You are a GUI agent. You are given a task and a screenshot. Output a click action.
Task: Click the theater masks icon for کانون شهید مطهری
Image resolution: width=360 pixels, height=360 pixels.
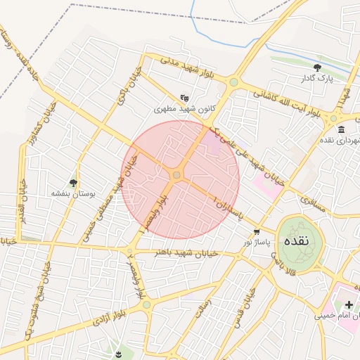pos(184,98)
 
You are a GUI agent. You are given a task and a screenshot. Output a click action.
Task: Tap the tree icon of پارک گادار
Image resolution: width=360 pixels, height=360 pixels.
pos(318,67)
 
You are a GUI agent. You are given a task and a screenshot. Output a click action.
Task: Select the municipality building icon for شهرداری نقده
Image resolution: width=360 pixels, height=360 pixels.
pos(341,129)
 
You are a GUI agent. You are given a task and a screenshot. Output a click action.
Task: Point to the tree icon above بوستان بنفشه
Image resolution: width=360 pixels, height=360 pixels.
pos(73,182)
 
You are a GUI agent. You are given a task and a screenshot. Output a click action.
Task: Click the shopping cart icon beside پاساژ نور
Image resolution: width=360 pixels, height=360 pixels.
pos(257,231)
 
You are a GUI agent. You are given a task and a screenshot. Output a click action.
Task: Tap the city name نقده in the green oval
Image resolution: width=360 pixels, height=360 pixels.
pos(295,240)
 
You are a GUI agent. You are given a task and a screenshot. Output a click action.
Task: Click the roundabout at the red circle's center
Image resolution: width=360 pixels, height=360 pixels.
pos(177,174)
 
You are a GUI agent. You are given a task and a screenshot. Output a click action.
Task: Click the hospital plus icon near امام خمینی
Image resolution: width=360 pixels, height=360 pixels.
pos(349,304)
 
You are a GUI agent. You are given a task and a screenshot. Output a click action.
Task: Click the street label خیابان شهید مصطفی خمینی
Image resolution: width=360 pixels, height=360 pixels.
pos(101,208)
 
